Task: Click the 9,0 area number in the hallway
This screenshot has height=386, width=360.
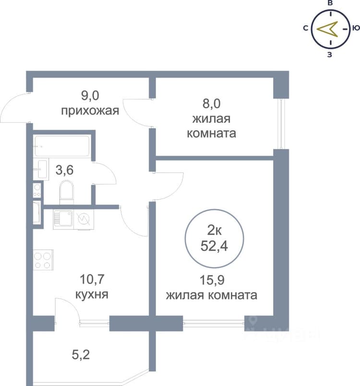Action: (90, 96)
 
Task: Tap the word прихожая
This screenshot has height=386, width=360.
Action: (90, 111)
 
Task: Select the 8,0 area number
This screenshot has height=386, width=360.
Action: (211, 104)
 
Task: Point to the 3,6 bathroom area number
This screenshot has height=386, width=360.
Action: (64, 170)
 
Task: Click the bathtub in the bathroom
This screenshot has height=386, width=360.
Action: (62, 146)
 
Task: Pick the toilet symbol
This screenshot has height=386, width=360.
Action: (66, 193)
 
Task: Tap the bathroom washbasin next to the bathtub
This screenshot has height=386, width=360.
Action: (41, 169)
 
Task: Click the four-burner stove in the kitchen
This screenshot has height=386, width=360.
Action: (43, 260)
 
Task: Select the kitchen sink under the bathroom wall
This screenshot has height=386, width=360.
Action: (63, 219)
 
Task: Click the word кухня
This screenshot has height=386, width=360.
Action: (92, 294)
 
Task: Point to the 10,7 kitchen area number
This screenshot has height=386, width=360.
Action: (92, 279)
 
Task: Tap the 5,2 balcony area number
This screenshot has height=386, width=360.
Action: (81, 355)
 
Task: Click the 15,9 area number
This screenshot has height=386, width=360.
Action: (212, 280)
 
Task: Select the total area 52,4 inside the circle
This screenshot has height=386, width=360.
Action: (214, 246)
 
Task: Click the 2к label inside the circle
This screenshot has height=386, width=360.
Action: (215, 230)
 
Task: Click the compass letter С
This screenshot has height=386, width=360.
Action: (306, 28)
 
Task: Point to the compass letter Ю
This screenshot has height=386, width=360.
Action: (356, 28)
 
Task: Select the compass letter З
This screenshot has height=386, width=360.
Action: (330, 55)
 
